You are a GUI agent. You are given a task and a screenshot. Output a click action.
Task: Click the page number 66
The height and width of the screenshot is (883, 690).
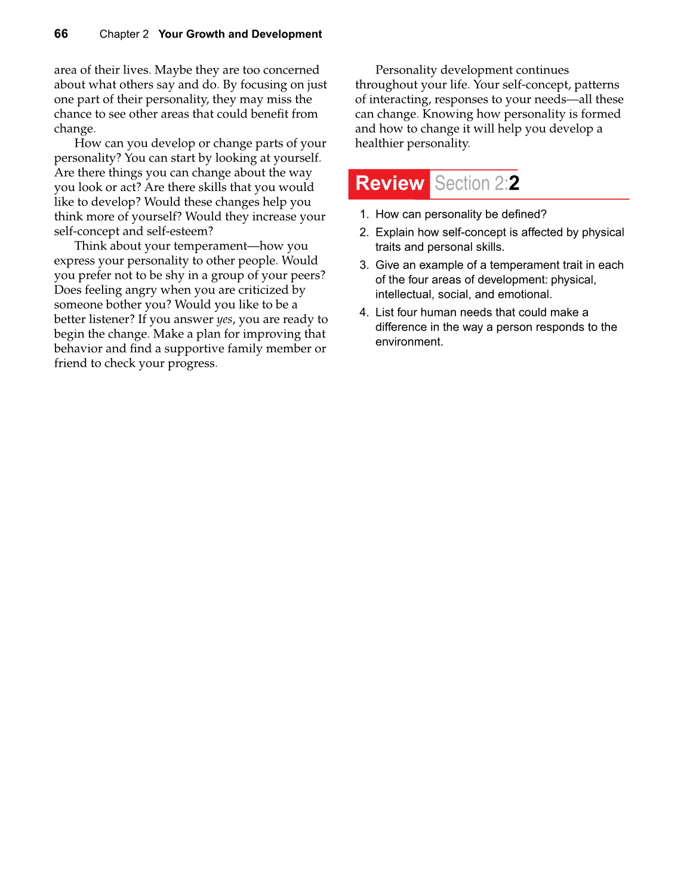(x=61, y=34)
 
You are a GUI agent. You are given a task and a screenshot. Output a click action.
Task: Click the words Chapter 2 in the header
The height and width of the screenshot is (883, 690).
(x=124, y=34)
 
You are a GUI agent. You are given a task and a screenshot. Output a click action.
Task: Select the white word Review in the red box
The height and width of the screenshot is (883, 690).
(x=389, y=183)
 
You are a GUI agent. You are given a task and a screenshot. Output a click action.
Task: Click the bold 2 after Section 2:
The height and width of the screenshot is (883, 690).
(x=514, y=183)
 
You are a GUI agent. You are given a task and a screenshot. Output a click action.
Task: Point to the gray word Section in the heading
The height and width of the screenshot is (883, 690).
(x=462, y=183)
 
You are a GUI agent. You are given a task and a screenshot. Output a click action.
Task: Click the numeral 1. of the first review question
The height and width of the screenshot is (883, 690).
(x=364, y=214)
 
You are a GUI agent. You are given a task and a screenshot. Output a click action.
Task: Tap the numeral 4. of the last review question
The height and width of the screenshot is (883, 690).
(x=364, y=312)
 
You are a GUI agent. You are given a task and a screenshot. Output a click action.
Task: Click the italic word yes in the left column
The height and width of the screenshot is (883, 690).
(x=224, y=319)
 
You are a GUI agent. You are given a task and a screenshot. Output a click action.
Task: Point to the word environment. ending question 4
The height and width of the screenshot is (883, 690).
(x=409, y=342)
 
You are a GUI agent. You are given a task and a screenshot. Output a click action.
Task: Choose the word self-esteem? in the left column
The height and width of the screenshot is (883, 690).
(x=179, y=232)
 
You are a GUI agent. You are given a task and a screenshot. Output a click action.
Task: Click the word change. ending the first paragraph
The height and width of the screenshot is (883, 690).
(x=75, y=129)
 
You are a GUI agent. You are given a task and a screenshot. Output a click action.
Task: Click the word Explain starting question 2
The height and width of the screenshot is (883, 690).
(x=395, y=232)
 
